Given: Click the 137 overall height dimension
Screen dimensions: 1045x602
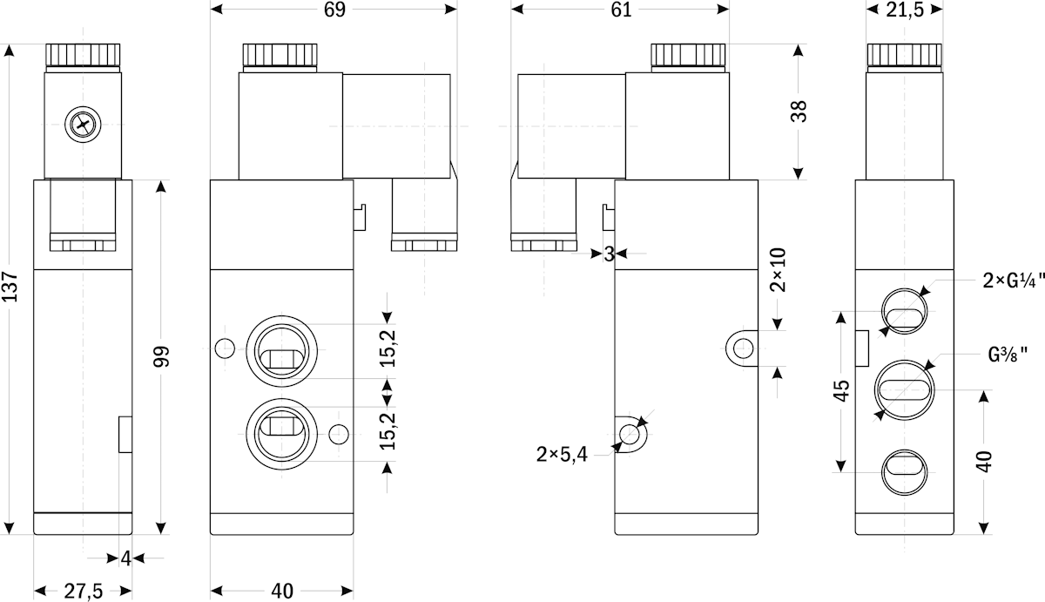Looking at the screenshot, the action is click(10, 286).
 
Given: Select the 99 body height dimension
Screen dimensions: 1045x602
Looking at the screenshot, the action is click(161, 356).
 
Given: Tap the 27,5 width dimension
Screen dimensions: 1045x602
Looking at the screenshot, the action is click(83, 592).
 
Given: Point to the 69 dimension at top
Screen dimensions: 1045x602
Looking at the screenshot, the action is click(334, 10).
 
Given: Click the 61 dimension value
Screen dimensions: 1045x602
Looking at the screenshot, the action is click(622, 10).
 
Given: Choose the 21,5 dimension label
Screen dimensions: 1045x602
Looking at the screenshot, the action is click(905, 10).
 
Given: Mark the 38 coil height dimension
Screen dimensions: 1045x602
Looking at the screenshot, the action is click(799, 111).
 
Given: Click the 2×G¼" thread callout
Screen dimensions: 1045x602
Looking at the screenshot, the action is click(1013, 281).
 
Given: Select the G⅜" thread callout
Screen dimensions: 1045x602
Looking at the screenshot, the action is click(1008, 355).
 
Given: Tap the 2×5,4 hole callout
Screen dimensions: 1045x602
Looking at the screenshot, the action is click(562, 454).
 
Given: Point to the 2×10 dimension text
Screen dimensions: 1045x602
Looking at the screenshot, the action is click(778, 270).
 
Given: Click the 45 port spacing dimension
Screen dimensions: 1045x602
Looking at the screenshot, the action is click(841, 390).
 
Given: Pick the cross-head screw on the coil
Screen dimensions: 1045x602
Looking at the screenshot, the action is click(83, 125).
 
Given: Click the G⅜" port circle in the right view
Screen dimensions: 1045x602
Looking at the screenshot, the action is click(905, 389).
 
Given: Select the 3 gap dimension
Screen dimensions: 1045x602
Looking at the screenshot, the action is click(609, 254).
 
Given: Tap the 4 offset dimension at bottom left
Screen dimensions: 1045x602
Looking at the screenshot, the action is click(126, 558).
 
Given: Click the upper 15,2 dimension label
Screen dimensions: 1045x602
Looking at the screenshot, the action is click(388, 348).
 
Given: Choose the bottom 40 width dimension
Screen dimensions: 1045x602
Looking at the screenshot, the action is click(282, 592).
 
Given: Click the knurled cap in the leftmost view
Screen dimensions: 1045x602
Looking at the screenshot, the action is click(83, 55).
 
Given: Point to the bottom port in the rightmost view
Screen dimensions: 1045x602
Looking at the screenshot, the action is click(905, 472).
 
